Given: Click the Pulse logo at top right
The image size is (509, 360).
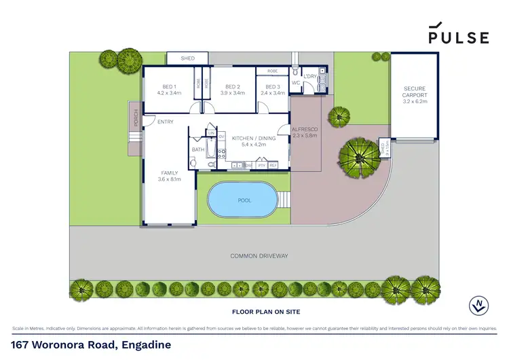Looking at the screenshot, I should point(458,34).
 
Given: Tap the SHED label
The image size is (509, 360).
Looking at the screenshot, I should point(187,59).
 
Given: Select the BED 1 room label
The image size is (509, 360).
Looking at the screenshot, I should point(169,87).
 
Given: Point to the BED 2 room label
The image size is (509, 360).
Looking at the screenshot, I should point(233,87).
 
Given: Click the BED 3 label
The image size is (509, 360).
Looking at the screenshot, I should point(273,87).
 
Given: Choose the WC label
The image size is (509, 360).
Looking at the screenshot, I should point(296,83).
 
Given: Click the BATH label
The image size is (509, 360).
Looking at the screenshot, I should point(198,149).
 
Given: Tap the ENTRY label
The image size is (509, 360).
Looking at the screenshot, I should point(165,122).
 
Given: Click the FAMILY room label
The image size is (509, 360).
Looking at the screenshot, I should point(170,173).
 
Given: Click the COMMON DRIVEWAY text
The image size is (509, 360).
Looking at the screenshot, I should point(259,256).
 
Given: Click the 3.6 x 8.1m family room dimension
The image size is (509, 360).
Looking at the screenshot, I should point(170,179).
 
